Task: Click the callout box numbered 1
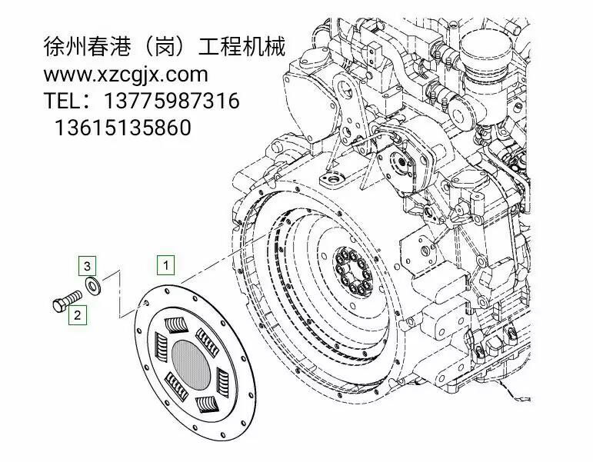[x=165, y=265]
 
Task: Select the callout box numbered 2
[x=77, y=315]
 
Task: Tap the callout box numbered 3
[x=87, y=266]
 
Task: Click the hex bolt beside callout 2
[x=67, y=300]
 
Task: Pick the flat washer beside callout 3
[x=92, y=285]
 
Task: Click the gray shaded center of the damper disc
[x=191, y=365]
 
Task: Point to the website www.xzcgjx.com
[x=125, y=75]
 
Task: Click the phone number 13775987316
[x=172, y=101]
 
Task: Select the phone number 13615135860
[x=123, y=128]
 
